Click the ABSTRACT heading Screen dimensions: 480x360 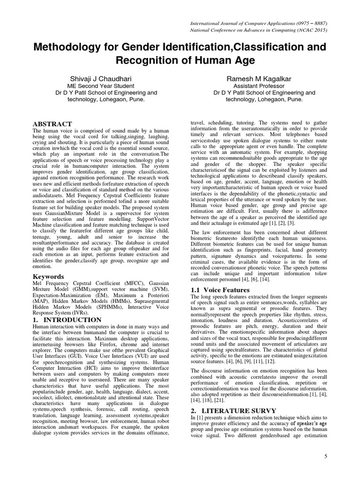(52, 124)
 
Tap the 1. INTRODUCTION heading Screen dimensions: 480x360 (67, 320)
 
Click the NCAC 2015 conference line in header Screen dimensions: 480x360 (262, 30)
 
